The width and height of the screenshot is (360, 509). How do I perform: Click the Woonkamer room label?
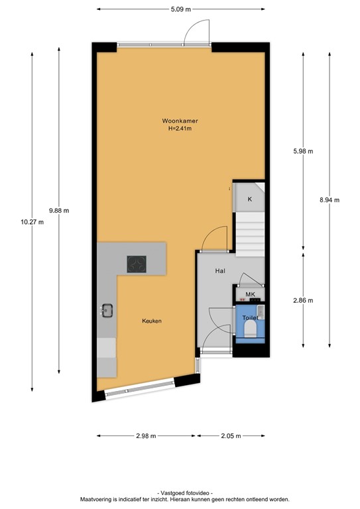[x=180, y=121]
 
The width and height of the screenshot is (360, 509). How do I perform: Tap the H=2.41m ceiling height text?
[x=180, y=129]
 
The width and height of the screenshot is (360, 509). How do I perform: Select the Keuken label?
[x=151, y=321]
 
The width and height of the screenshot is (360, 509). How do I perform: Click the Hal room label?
[x=220, y=271]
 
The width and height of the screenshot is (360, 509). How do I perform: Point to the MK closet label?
[x=250, y=294]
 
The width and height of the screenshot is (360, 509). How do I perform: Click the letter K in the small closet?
[x=250, y=199]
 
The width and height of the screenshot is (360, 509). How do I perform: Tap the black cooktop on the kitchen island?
[x=137, y=264]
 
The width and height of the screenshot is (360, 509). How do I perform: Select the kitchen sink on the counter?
[x=107, y=310]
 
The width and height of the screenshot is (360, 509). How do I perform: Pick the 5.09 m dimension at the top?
[x=180, y=9]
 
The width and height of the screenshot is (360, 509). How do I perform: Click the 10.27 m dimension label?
[x=32, y=222]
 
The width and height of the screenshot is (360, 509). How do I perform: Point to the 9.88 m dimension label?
[x=59, y=211]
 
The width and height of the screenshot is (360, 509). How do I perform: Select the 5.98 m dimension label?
[x=303, y=151]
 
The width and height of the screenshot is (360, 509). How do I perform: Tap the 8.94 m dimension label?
[x=329, y=199]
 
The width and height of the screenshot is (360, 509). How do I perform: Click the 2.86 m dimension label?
[x=303, y=300]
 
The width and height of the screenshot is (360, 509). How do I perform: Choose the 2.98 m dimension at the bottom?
[x=145, y=436]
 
